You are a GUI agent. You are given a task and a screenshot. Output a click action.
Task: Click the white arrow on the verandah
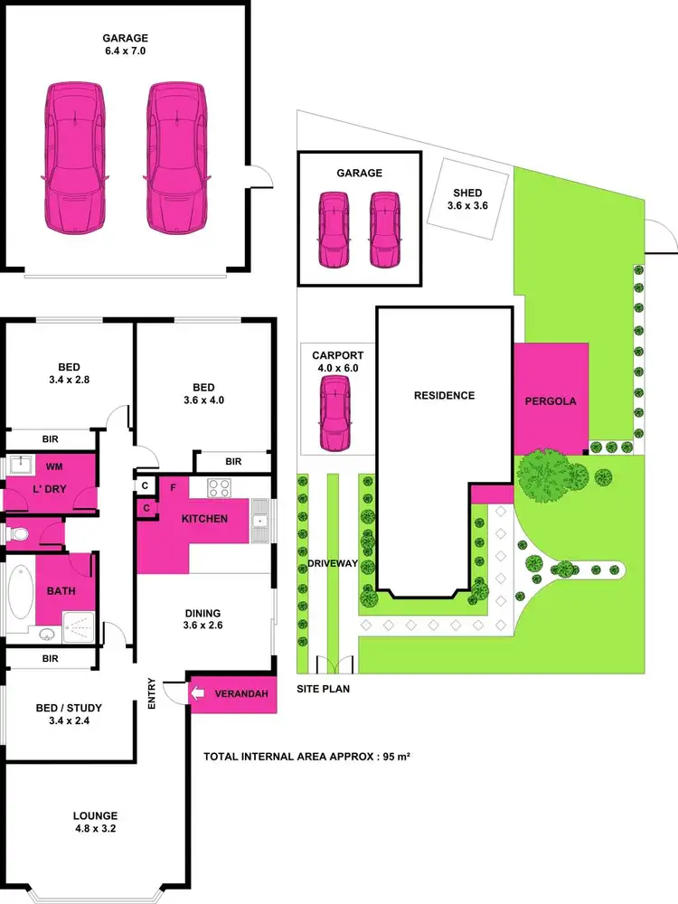coord(199,694)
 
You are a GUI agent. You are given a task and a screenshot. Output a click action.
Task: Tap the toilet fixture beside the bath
coord(15,533)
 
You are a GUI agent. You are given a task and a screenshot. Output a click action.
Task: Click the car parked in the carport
coord(335,408)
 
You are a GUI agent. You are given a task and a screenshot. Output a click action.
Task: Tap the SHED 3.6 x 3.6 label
coord(467,199)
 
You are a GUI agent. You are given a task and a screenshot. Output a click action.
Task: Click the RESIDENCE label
coord(444,395)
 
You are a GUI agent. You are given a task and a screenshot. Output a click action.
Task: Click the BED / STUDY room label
coord(69,714)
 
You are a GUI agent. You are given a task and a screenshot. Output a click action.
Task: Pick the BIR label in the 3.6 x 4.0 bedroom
coord(233,462)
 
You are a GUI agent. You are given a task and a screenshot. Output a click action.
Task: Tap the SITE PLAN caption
coord(323,689)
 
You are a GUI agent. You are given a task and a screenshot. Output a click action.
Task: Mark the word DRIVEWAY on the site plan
coord(332,563)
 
